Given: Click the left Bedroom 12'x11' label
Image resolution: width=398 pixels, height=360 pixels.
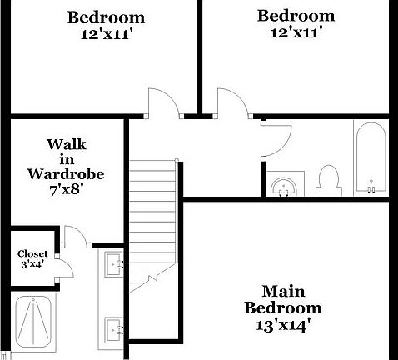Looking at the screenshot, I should [x=106, y=25].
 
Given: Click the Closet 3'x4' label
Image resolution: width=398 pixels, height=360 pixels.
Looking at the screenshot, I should [x=33, y=259].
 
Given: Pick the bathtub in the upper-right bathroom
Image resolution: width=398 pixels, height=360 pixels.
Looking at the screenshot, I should [x=370, y=158].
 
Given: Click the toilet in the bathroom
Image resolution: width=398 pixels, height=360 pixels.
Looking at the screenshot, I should [x=328, y=182].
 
